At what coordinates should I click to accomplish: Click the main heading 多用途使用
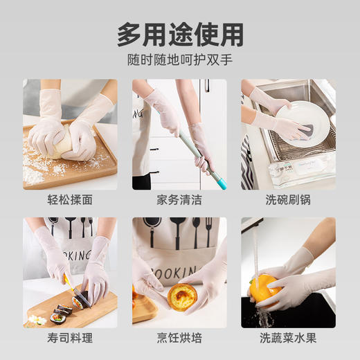180,33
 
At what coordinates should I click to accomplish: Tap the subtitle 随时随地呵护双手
180,60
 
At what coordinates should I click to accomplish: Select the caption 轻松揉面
69,200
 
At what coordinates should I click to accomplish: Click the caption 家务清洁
179,200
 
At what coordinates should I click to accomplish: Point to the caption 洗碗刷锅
288,200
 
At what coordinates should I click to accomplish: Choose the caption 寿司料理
69,339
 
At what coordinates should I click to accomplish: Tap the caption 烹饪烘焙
179,339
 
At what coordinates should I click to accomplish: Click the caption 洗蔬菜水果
288,339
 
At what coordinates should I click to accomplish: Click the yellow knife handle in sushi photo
67,280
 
